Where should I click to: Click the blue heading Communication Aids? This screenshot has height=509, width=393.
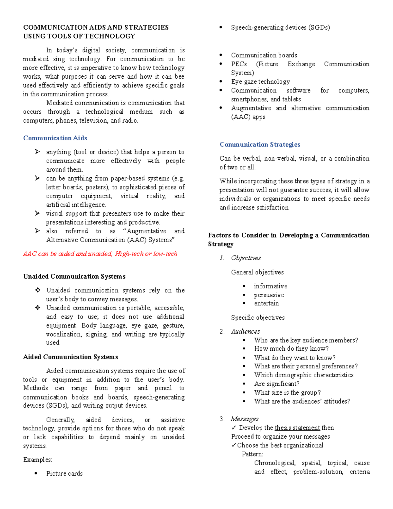55,138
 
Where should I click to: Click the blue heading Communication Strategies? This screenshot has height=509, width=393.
260,145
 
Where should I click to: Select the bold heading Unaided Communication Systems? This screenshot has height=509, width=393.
74,276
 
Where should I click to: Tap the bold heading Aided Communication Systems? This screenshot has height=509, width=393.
70,357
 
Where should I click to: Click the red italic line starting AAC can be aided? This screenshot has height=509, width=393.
100,254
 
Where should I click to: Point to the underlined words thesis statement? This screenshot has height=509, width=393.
297,428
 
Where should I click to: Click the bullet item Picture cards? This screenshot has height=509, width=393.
64,474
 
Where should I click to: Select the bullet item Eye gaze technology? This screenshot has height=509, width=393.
260,82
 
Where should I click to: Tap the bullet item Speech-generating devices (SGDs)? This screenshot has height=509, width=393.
280,28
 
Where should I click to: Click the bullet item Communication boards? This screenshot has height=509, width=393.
264,55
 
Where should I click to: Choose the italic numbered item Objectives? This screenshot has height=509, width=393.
246,258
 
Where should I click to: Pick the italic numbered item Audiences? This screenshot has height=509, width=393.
245,331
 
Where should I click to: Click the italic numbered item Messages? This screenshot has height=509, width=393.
244,419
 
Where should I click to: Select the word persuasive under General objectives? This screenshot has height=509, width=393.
269,295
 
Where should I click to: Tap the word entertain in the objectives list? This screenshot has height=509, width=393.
266,303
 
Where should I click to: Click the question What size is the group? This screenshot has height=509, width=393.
287,393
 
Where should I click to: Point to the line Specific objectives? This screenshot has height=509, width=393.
258,318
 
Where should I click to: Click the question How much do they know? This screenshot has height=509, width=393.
291,349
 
